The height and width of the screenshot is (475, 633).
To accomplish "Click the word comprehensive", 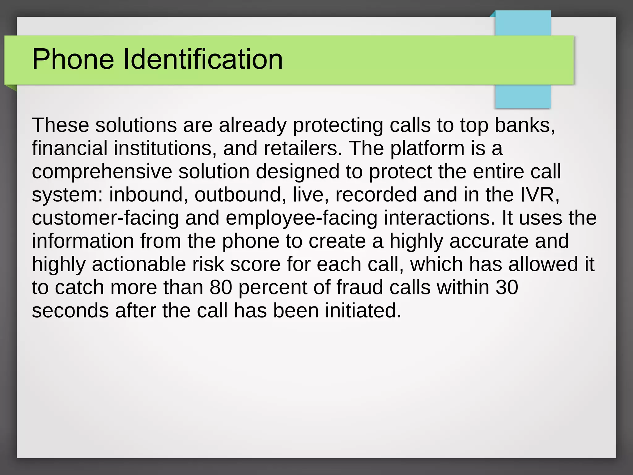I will coord(102,172).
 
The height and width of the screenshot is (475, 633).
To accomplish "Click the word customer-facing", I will coord(105,218).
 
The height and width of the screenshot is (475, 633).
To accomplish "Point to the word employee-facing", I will coord(301,218).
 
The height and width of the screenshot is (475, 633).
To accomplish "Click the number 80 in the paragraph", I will coord(221,288).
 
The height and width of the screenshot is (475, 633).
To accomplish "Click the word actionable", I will coord(139,264).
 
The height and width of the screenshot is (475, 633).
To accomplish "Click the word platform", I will coord(427,148).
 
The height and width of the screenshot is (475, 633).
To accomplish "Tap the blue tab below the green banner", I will coord(523,96).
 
